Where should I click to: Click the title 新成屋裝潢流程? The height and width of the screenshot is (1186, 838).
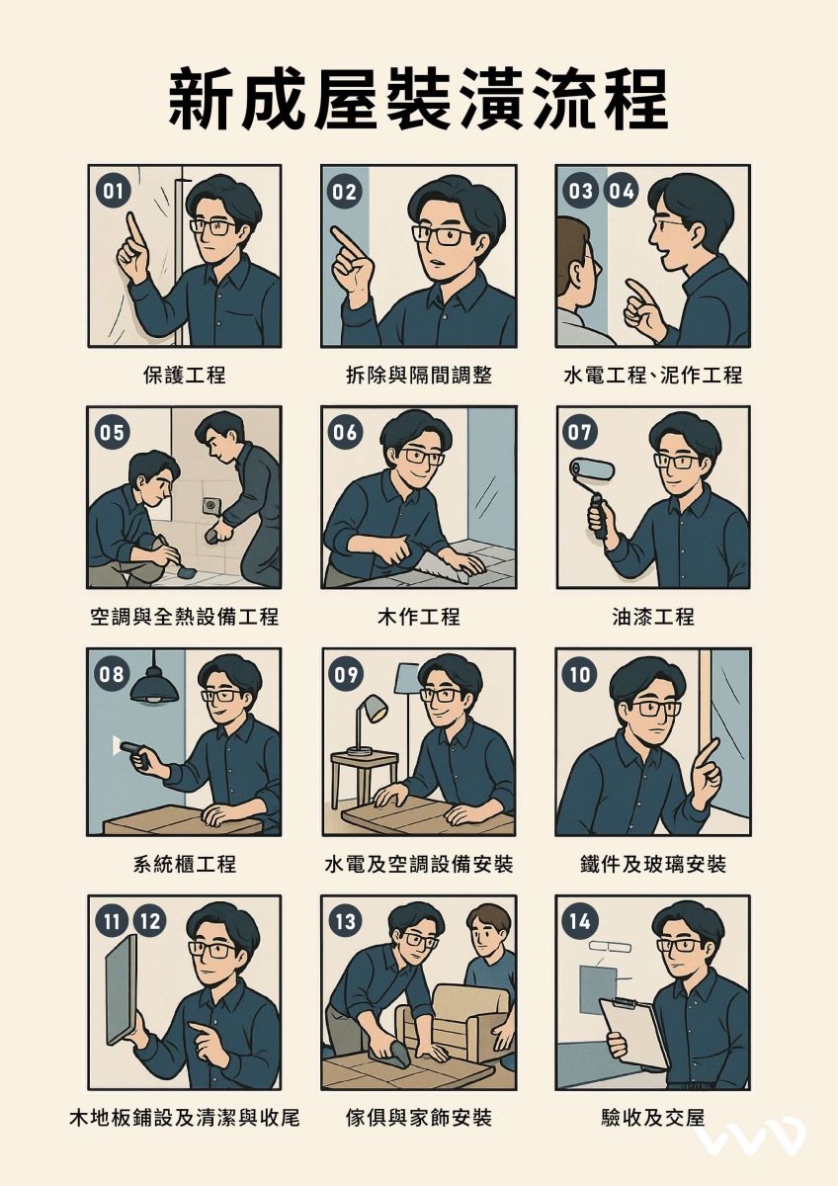(x=418, y=99)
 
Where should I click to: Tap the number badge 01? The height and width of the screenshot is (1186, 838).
(x=113, y=191)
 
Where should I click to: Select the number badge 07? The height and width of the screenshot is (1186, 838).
(x=580, y=433)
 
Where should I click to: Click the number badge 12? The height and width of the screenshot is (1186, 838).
(x=151, y=922)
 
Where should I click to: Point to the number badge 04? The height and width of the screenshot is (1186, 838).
(x=621, y=191)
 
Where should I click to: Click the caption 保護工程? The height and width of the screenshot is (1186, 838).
(x=184, y=375)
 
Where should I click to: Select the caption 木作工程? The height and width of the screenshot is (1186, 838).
(x=419, y=617)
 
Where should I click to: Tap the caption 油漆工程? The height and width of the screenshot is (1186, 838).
(x=653, y=617)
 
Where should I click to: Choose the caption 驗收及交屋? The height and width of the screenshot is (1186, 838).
(x=653, y=1117)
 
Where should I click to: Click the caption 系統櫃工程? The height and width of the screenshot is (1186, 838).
(x=184, y=864)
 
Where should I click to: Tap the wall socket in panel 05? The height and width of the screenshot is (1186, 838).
(x=210, y=506)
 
